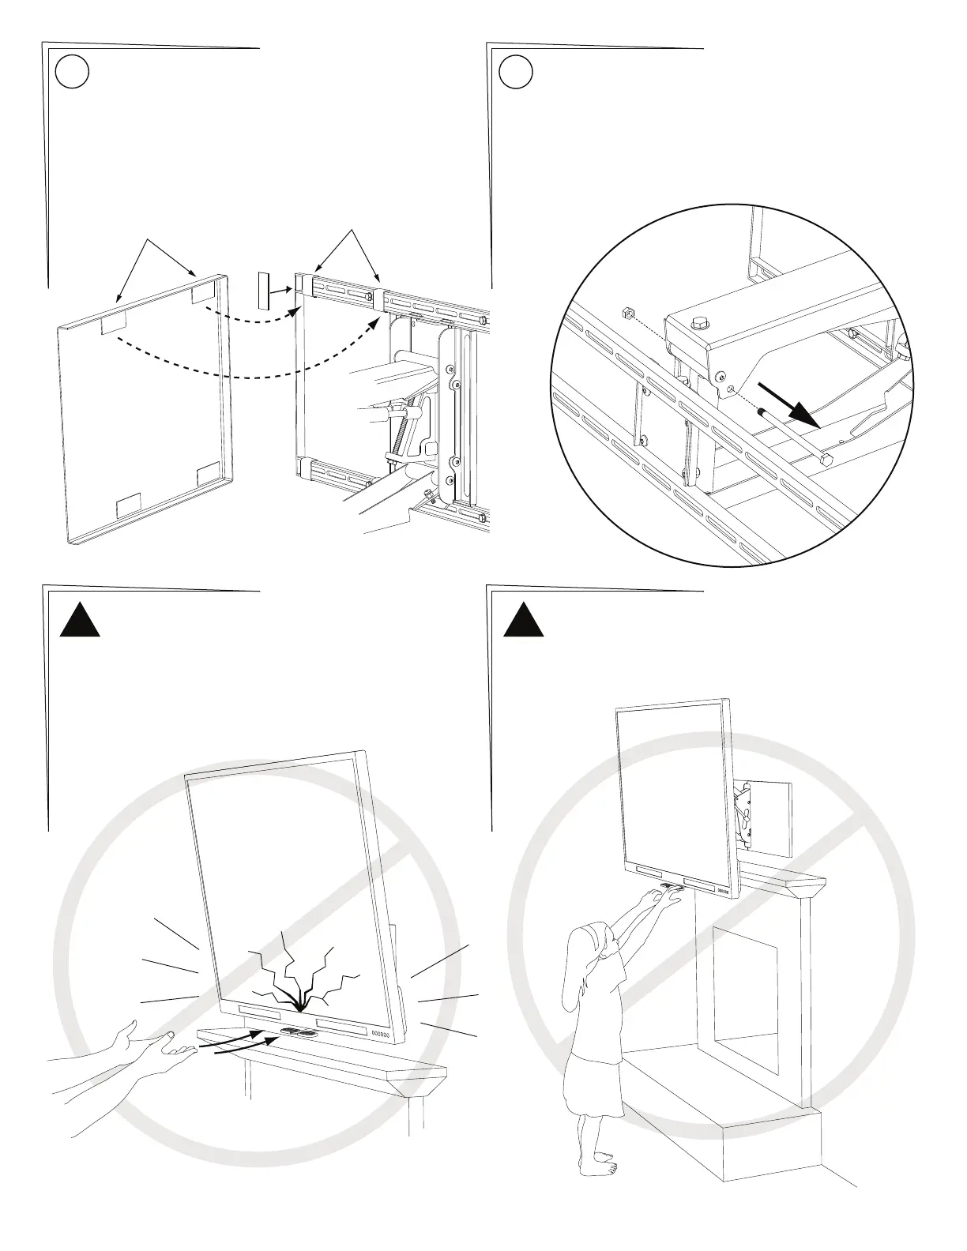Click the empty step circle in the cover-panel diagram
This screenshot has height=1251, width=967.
point(73,73)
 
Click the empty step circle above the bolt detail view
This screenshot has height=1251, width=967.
point(517,73)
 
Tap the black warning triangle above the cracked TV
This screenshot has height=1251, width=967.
point(81,618)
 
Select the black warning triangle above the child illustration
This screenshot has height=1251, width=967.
point(525,618)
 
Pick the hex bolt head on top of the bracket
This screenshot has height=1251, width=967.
point(699,323)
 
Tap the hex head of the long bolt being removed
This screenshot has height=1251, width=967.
point(826,460)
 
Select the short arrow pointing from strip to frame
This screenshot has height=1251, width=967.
point(282,291)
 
